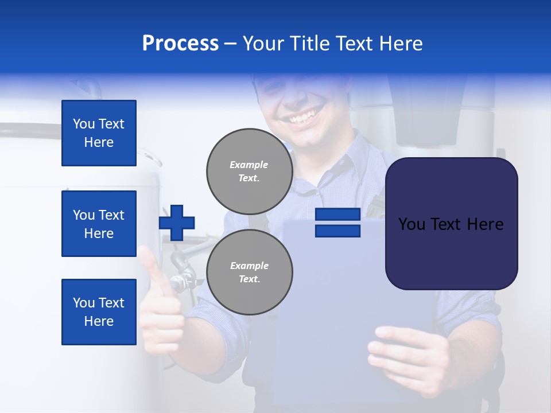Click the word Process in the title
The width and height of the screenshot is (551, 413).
[180, 44]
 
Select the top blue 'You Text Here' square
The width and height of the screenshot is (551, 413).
[99, 133]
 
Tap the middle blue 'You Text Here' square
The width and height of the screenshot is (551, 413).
[99, 224]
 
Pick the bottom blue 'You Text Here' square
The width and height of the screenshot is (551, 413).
[99, 312]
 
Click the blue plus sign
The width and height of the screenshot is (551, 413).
[177, 223]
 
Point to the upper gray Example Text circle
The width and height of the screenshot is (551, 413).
[249, 171]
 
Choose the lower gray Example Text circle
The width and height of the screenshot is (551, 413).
[249, 272]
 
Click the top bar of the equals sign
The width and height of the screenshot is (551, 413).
[337, 215]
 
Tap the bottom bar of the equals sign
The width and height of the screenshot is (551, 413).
[337, 231]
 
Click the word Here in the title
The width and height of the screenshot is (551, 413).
[398, 44]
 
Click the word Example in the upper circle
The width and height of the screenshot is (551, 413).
[249, 165]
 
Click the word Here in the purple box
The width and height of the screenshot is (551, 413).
[485, 224]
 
